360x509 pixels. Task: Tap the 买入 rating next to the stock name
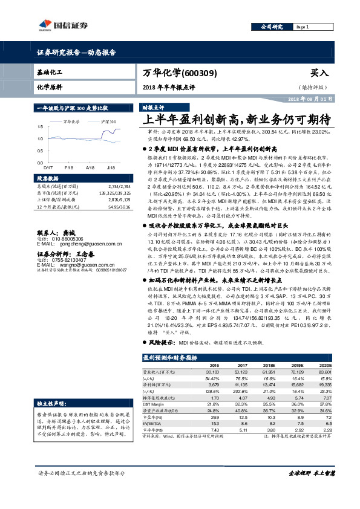(x=319, y=72)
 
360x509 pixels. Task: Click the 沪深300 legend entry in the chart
(x=108, y=122)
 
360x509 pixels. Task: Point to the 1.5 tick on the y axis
(x=40, y=127)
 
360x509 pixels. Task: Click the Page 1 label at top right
(x=303, y=27)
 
